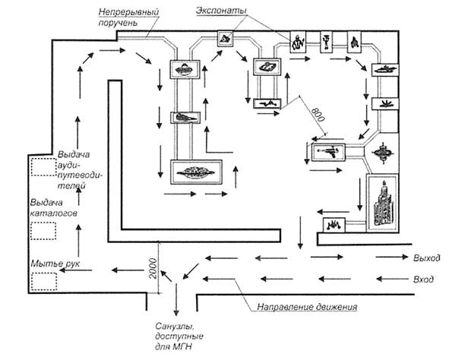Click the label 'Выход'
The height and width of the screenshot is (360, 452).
[427, 257]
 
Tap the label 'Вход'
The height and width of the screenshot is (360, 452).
[423, 279]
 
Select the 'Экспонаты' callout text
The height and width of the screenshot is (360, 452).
[221, 11]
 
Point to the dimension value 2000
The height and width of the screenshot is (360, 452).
[153, 268]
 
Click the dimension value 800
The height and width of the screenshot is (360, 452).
[318, 115]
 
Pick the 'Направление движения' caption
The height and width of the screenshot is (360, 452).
[307, 307]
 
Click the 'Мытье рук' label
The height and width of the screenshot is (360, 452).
[55, 264]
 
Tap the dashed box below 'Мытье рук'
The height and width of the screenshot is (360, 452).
[44, 281]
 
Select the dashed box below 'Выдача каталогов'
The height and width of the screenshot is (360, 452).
[43, 231]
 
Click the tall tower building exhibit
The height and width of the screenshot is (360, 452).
[383, 203]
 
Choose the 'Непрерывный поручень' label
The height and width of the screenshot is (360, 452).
[128, 17]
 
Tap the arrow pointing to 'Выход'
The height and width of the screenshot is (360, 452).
[392, 257]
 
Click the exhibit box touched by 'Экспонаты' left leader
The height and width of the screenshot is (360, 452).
[225, 39]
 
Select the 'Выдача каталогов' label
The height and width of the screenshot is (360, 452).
[54, 208]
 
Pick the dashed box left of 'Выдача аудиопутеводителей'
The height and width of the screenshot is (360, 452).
[43, 167]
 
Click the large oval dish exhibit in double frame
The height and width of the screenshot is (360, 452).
[196, 172]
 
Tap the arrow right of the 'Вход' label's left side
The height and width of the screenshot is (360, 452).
[392, 279]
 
